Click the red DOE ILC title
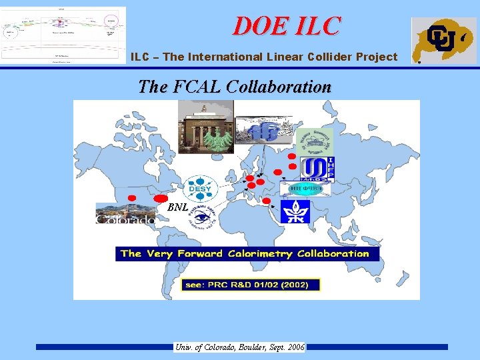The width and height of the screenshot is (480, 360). point(286,25)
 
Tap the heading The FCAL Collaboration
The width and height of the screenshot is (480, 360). point(234,87)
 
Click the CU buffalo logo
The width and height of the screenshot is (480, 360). point(443,40)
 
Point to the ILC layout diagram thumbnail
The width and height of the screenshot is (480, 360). point(63,34)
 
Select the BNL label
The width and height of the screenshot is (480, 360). point(177,207)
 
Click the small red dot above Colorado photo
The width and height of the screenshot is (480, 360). point(132,198)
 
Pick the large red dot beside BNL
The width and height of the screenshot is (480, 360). point(161,199)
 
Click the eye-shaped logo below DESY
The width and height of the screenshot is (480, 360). point(201,216)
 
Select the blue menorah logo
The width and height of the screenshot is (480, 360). point(295,211)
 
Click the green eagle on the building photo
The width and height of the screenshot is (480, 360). point(219,139)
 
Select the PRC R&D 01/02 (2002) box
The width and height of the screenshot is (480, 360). point(251,285)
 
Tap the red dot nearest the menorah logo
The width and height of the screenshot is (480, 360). point(267,201)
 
